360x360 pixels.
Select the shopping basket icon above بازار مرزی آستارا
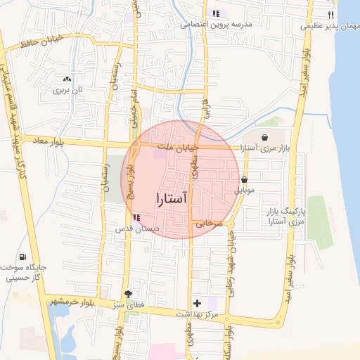pos(264,138)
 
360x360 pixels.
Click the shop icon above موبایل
pos(244,180)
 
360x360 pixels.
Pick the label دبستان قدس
pos(139,229)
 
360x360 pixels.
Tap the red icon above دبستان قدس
pos(136,218)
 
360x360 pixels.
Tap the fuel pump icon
pos(24,257)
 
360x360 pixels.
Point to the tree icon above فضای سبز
pos(127,294)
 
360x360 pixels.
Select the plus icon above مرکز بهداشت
pos(198,302)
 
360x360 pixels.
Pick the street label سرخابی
pos(209,224)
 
